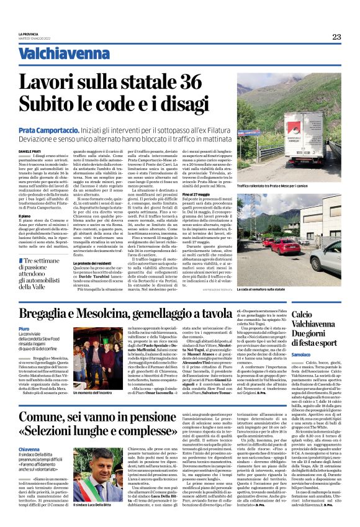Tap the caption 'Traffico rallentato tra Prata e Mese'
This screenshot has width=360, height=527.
coord(289,186)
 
